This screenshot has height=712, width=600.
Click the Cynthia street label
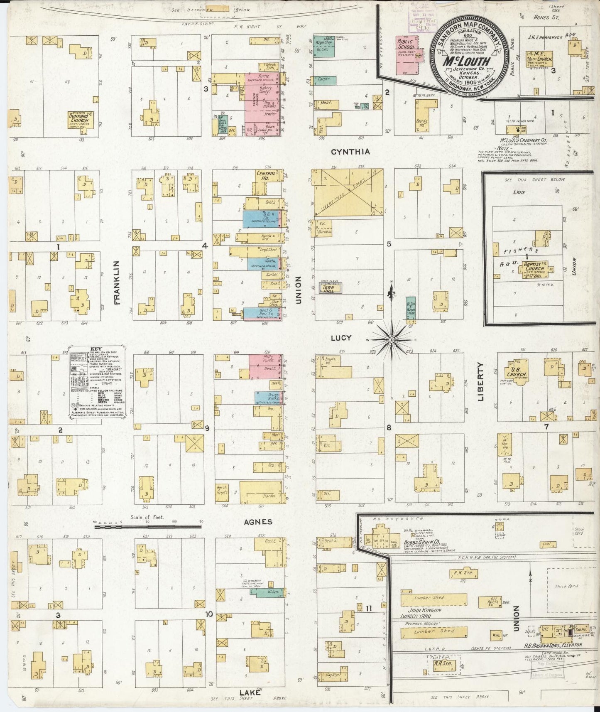coord(350,152)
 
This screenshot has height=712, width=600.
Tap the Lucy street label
coord(341,338)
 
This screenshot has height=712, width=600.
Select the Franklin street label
coord(117,283)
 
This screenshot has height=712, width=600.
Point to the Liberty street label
coord(481,381)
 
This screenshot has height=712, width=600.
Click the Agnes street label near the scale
coord(258,522)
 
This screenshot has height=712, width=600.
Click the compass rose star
coord(391,340)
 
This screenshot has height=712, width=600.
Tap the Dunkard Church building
coord(81,119)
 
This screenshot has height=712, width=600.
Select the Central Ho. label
coord(266,176)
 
